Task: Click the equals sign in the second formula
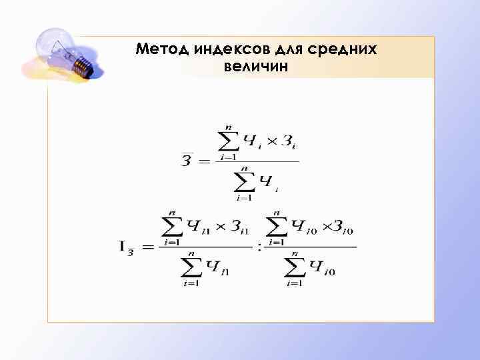147,247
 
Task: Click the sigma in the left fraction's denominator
189,267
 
